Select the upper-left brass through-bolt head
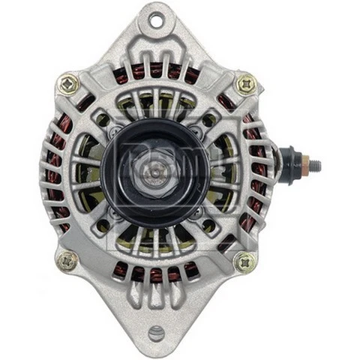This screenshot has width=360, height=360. click(68, 83)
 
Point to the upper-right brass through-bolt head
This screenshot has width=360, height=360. click(246, 84)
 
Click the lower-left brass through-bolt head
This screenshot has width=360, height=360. click(67, 261)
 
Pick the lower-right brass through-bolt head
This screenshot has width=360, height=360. click(244, 262)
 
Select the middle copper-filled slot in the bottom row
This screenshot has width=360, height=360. click(157, 274)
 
